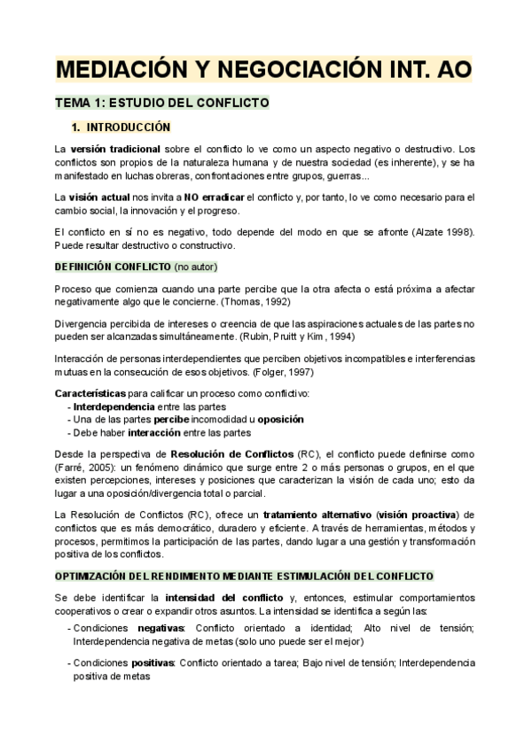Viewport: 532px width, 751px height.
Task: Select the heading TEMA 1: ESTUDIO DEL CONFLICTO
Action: [x=162, y=103]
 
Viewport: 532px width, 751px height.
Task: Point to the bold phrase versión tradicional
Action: [x=115, y=150]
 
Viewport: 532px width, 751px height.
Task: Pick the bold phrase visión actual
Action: [x=101, y=197]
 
